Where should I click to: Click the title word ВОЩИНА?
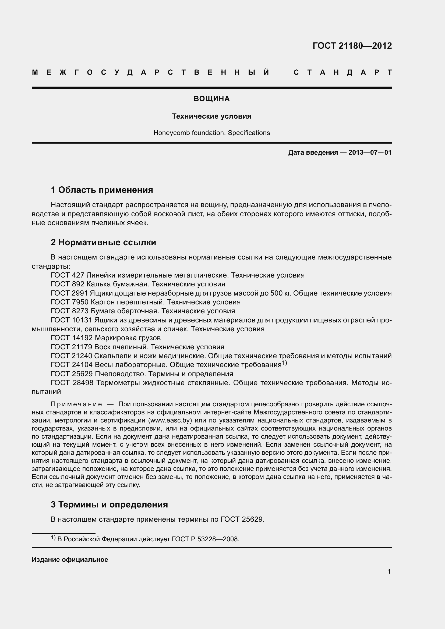211,99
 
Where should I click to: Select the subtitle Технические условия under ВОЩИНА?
211,116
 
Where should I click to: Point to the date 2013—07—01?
370,152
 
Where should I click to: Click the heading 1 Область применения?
102,190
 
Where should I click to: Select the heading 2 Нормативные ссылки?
103,243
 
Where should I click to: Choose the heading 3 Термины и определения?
109,504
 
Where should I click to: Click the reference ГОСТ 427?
68,275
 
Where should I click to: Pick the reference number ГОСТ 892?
68,284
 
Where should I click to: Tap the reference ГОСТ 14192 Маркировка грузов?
106,338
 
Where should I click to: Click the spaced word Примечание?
76,404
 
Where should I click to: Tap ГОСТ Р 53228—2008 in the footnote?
205,539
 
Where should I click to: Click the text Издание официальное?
70,560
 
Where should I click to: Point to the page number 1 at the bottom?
389,571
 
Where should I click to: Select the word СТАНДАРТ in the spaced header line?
342,72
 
